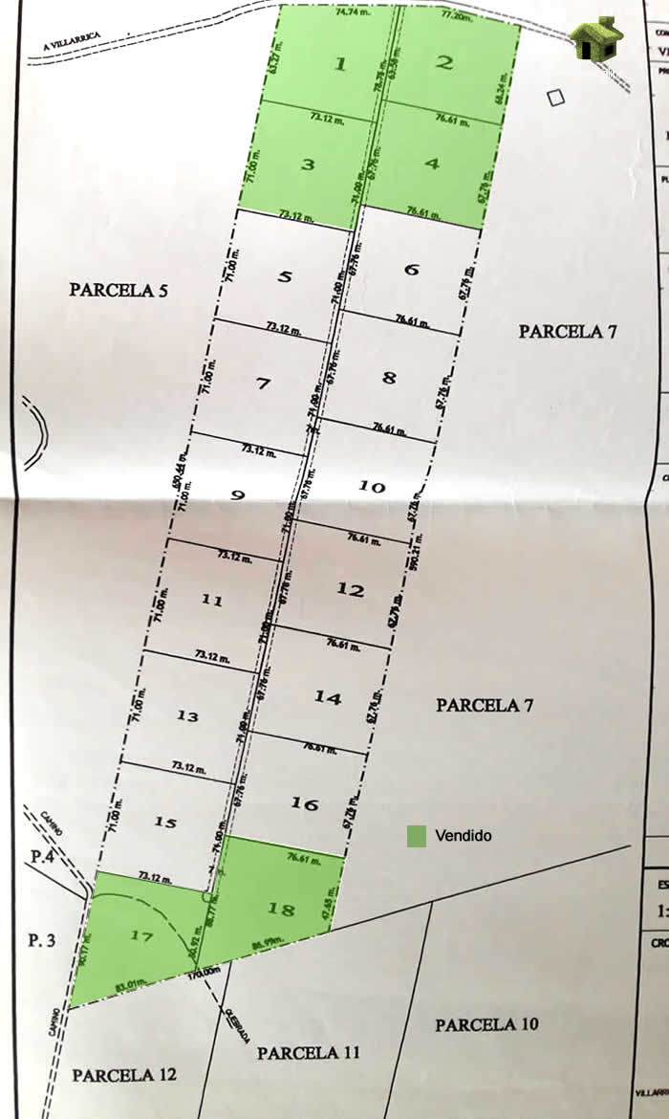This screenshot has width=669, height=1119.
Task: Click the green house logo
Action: [596, 38]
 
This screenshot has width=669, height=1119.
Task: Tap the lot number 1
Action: [338, 64]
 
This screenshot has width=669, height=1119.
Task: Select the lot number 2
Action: [443, 63]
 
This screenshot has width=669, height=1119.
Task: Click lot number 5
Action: [285, 276]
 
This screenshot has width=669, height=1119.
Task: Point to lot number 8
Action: [389, 377]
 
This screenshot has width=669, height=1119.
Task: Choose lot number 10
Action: [372, 487]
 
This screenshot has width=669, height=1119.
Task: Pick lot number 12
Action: [351, 590]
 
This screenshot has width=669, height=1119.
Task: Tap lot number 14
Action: [328, 698]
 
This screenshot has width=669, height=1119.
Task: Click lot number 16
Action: [304, 803]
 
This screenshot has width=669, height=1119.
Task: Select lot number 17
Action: [141, 936]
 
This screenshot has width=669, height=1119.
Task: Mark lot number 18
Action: [281, 909]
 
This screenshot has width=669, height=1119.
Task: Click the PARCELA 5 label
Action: [119, 289]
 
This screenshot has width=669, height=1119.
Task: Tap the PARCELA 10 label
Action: [486, 1024]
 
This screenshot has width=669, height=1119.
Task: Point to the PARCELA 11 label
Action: [308, 1053]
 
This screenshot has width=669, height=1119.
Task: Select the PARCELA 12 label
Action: [124, 1075]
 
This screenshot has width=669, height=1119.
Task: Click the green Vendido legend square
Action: [416, 836]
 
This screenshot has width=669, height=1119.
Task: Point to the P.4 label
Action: [39, 857]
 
